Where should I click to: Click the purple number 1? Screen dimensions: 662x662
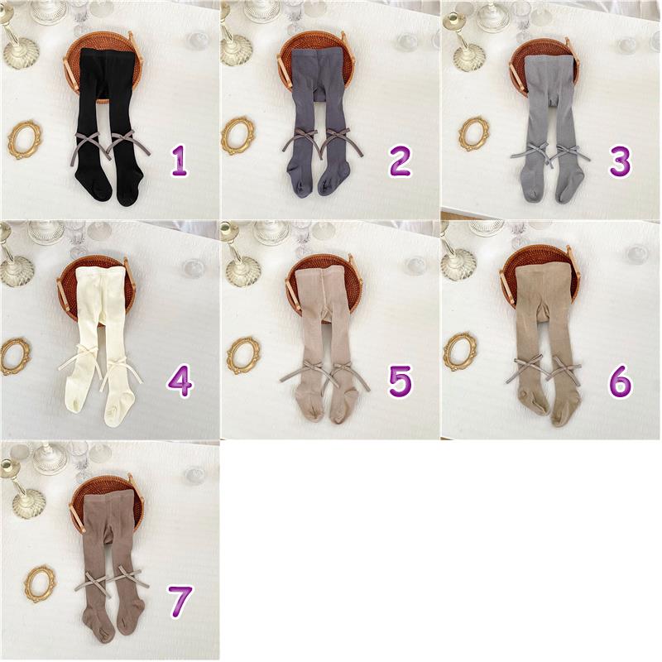[179, 161]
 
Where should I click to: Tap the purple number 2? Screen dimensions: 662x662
[400, 161]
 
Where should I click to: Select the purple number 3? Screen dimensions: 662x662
[621, 161]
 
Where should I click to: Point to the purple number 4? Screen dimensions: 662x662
[180, 381]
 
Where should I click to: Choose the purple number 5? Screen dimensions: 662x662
[400, 381]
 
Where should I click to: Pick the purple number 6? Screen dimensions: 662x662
[620, 381]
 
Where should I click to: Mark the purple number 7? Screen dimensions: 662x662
[180, 602]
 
